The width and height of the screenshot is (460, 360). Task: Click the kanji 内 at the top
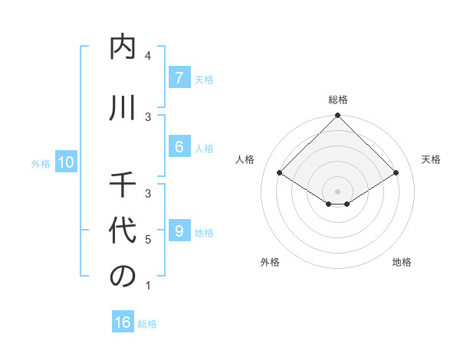point(123,48)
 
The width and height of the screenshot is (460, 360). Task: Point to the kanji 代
point(123,231)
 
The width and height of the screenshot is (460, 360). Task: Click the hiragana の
point(123,277)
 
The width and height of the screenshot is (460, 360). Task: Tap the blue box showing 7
point(179,77)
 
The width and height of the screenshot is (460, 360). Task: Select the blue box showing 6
point(179,147)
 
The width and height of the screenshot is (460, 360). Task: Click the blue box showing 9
point(179,231)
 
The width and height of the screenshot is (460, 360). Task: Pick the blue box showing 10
point(65,162)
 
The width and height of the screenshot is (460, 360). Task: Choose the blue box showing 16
point(122,322)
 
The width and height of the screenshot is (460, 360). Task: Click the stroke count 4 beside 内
point(148,56)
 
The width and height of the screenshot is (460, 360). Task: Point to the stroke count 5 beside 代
point(148,240)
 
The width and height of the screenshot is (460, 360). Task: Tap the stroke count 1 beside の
point(148,286)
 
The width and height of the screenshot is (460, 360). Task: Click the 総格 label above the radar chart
point(338,100)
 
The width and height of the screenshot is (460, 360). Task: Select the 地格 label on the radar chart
point(402,262)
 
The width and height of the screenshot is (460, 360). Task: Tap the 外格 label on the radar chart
point(270,262)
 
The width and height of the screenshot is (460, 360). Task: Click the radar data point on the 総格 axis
point(337,116)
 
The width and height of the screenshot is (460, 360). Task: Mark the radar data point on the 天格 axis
point(396,173)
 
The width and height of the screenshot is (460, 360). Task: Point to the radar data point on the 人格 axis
point(279,173)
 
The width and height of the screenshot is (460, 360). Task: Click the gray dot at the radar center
point(337,191)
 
